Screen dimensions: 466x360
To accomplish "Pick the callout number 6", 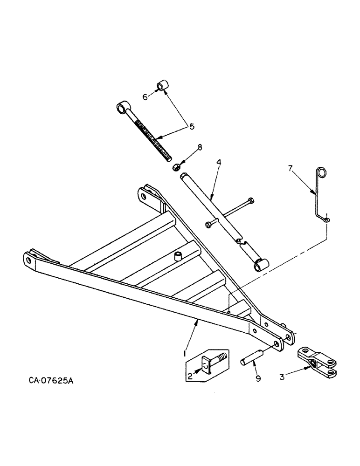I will click(145, 97).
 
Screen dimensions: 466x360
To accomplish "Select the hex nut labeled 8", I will click(177, 166).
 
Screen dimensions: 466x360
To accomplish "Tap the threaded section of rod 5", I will click(151, 137).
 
